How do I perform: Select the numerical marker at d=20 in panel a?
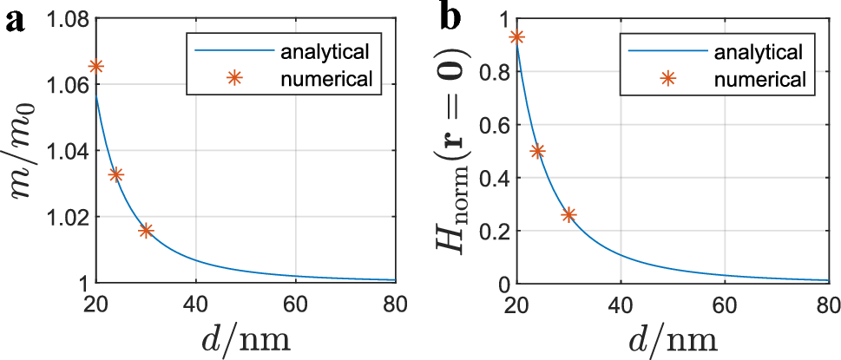point(96,67)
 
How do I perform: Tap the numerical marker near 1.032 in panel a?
point(116,175)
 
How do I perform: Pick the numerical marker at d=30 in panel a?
point(146,231)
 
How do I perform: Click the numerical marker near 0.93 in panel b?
point(517,37)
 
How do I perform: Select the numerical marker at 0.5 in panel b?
point(537,151)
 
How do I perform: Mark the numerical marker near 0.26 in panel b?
point(568,215)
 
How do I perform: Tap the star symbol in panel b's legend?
point(667,79)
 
